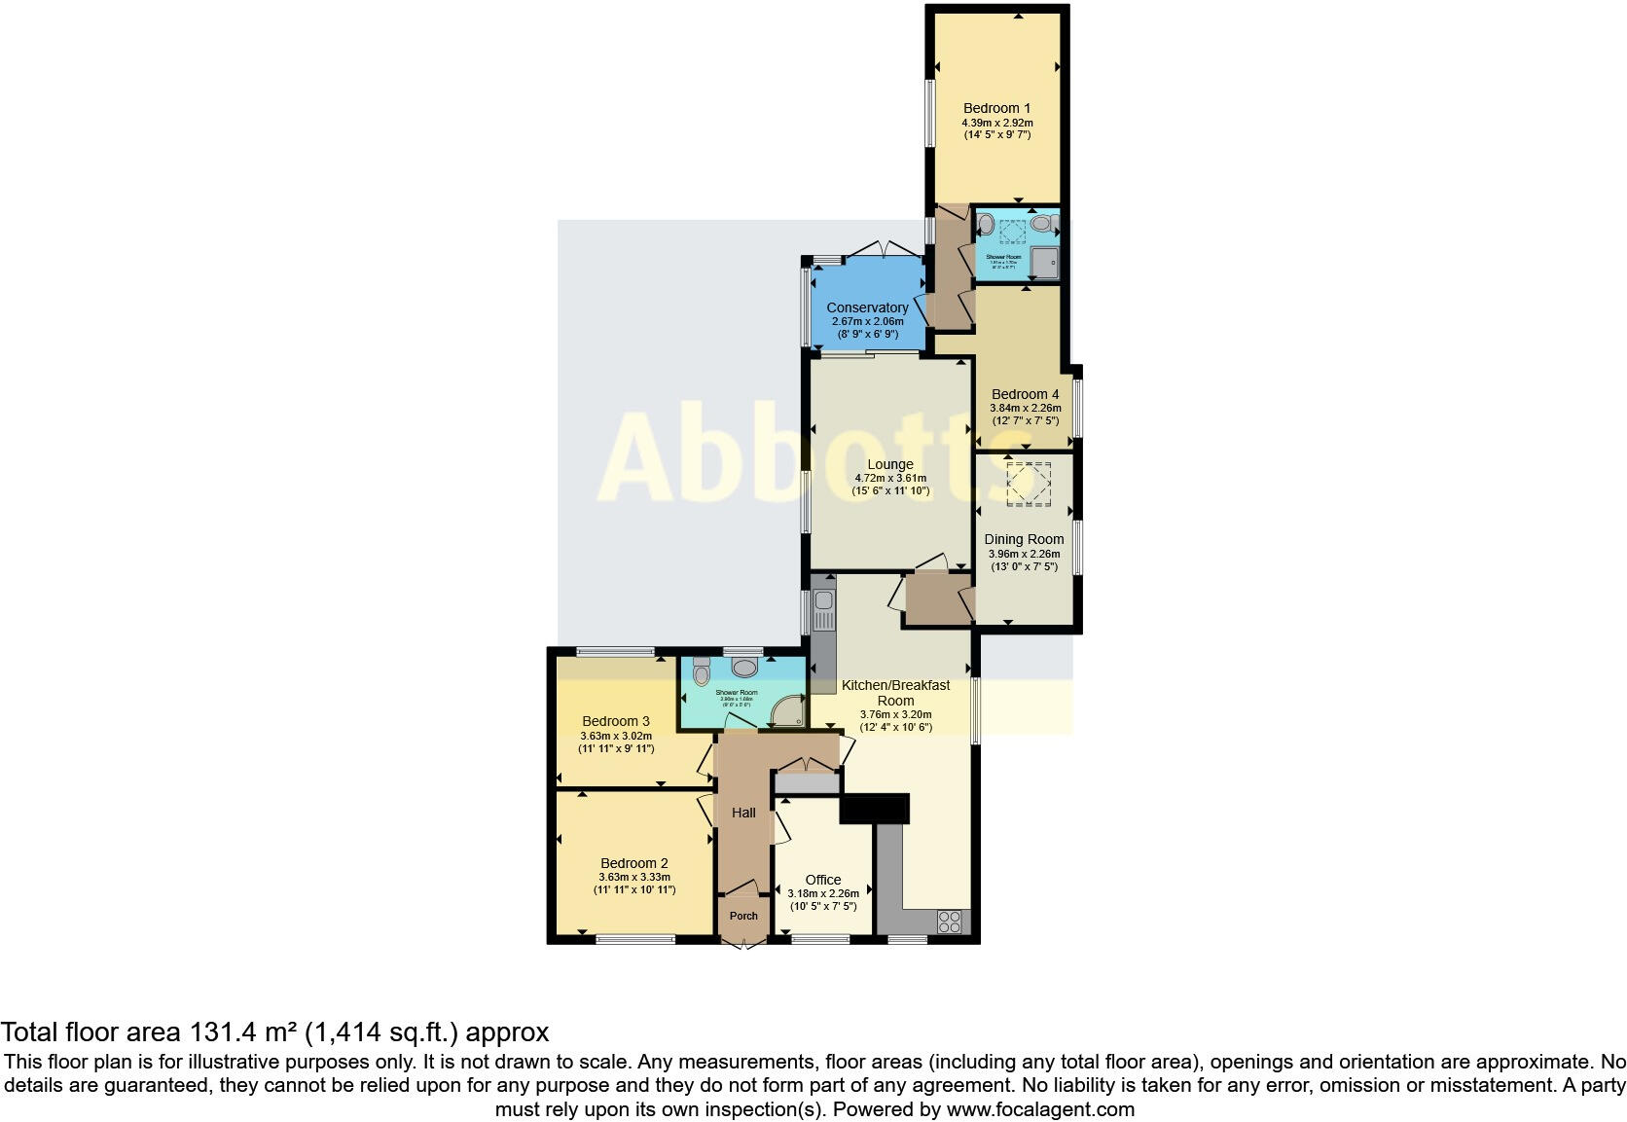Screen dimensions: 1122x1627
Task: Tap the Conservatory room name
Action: click(x=867, y=308)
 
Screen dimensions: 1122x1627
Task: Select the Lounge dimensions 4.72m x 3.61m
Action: click(x=890, y=478)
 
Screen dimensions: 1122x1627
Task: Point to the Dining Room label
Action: click(x=1024, y=539)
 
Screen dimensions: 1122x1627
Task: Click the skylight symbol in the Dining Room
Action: click(x=1029, y=484)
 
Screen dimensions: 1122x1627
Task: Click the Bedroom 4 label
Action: click(x=1025, y=395)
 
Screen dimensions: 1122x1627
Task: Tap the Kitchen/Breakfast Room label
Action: click(x=895, y=692)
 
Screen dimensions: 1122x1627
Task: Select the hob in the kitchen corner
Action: click(x=949, y=921)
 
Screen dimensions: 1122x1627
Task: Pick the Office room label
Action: click(x=823, y=880)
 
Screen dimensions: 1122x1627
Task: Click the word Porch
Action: click(x=743, y=916)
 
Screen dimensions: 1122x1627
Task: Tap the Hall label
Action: click(x=743, y=813)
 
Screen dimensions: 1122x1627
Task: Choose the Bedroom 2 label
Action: click(x=633, y=863)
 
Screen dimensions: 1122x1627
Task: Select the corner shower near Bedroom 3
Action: click(x=787, y=712)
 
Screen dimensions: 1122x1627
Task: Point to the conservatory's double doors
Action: click(x=884, y=249)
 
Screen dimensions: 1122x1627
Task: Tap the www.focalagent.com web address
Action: click(x=1039, y=1109)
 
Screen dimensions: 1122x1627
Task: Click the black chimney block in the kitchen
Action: click(x=874, y=809)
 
